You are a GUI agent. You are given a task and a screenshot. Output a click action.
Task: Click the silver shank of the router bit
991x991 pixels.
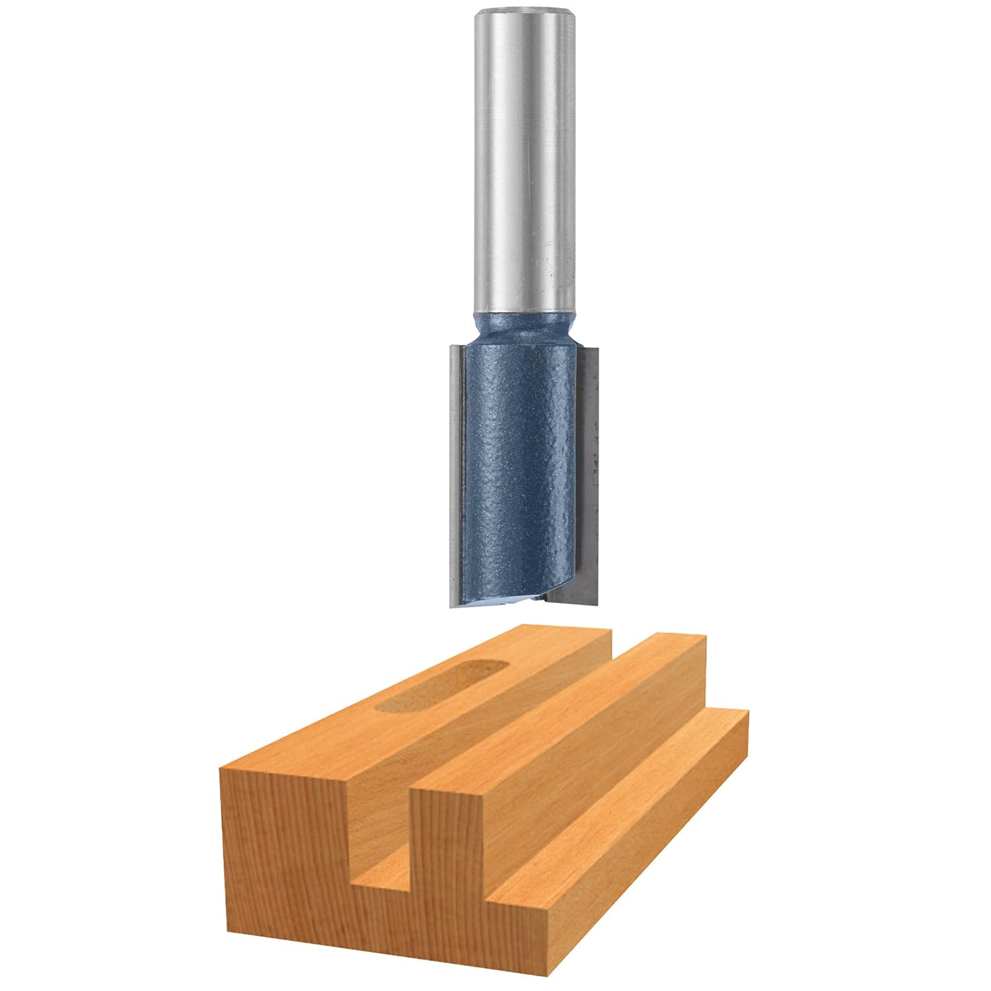pyautogui.click(x=522, y=165)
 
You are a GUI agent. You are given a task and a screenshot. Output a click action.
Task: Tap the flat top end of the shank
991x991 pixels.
pyautogui.click(x=522, y=12)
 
